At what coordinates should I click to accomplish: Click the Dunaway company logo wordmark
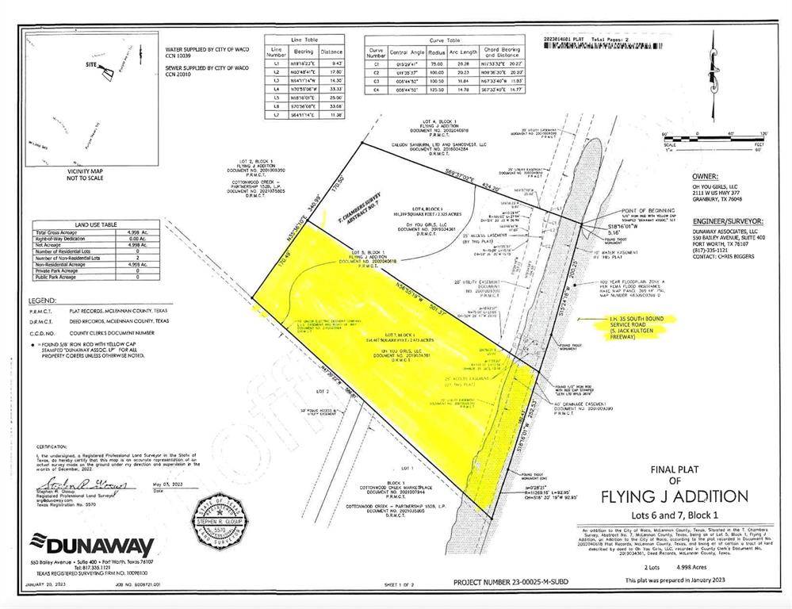[92, 546]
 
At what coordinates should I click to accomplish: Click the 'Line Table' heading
[303, 39]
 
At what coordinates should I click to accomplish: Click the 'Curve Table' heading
[444, 40]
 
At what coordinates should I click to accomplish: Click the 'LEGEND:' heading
[43, 301]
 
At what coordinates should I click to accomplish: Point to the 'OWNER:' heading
[705, 177]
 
